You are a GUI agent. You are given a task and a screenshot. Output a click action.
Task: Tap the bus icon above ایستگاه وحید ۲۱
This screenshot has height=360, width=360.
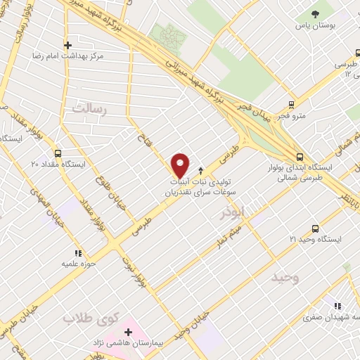(315, 229)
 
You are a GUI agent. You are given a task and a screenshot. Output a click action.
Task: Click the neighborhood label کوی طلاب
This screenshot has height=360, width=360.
(89, 319)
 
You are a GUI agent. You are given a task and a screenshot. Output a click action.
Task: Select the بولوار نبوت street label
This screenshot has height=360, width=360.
(142, 270)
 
